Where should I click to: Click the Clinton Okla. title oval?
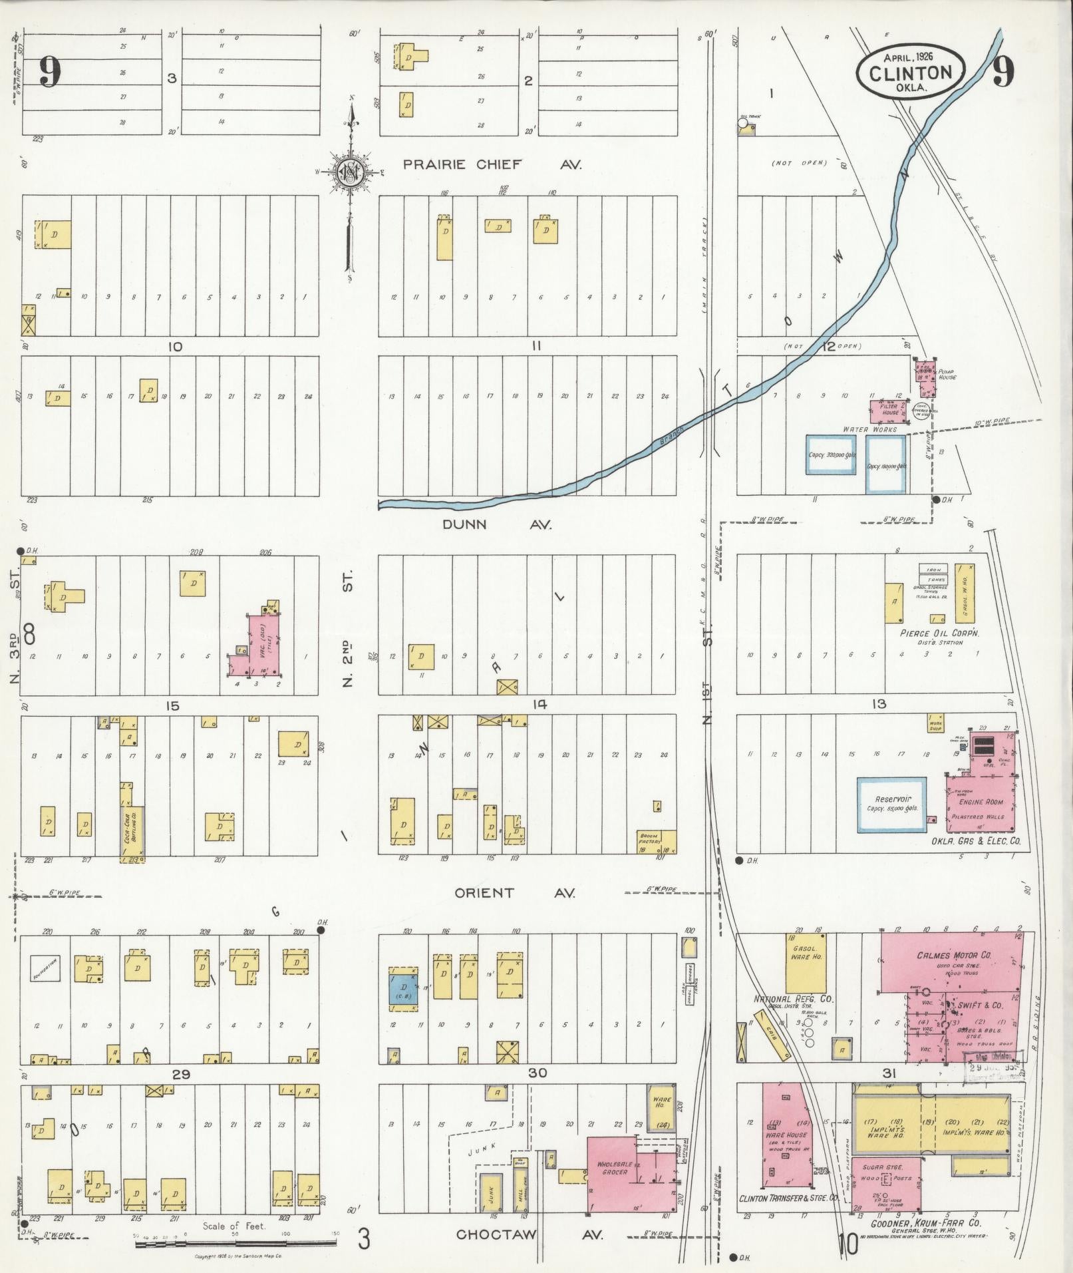coord(910,69)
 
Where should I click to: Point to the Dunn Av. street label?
coord(497,524)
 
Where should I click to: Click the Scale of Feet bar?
coord(237,1242)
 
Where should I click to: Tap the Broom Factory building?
coord(657,841)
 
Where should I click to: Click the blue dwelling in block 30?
coord(402,989)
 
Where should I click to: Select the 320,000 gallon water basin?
coord(832,455)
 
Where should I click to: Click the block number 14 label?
coord(539,704)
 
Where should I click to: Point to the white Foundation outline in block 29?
coord(46,968)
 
